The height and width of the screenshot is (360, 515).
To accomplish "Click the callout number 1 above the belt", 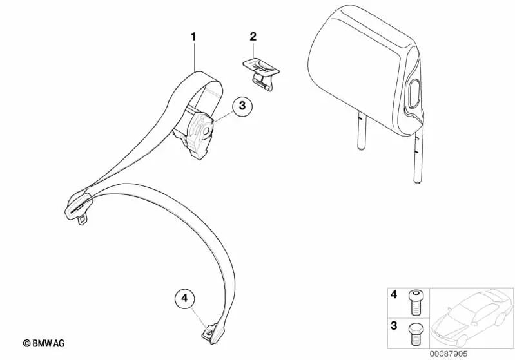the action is (193, 37).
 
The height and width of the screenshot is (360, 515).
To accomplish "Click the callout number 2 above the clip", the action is (253, 37).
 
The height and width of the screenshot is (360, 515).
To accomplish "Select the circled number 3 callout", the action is (242, 106).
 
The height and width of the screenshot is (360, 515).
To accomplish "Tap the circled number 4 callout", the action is (184, 299).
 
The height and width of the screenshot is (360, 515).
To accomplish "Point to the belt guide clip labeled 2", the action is (260, 73).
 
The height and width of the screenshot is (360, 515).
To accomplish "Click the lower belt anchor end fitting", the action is (210, 333).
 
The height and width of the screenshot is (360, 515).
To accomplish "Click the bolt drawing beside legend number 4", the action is (416, 303).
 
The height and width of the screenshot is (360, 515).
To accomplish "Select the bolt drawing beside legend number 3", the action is (416, 334).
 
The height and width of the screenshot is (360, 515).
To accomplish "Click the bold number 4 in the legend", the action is (393, 294).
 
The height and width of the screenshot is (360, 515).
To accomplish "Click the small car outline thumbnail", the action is (472, 318).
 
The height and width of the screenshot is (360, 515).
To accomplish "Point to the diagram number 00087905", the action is (449, 354).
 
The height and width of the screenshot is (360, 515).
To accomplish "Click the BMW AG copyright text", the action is (44, 343).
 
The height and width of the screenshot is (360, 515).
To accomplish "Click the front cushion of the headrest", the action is (356, 74).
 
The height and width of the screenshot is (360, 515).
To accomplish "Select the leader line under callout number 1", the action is (194, 57).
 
